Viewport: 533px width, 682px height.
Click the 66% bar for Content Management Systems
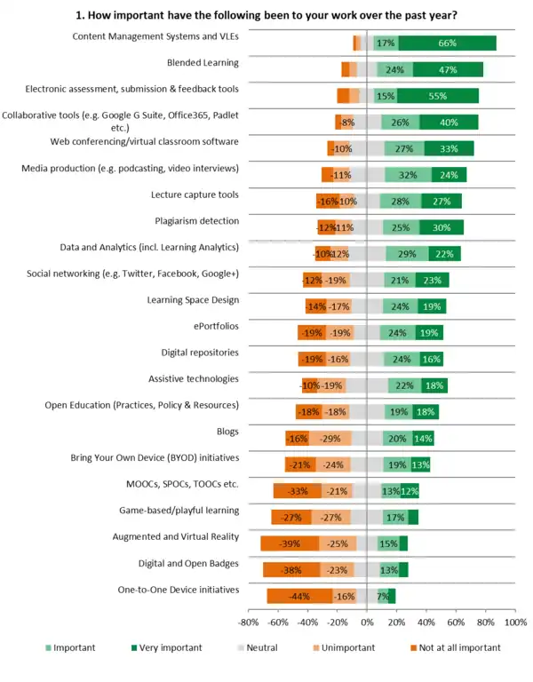[447, 43]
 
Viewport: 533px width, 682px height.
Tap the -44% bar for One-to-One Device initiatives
[300, 596]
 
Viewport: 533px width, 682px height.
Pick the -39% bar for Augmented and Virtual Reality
[290, 543]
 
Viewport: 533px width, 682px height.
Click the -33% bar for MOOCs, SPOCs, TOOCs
[298, 491]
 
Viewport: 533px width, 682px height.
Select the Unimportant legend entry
[346, 647]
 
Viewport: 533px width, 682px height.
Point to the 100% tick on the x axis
[515, 623]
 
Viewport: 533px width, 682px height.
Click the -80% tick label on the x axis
[249, 623]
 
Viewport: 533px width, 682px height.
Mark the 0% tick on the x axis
[367, 623]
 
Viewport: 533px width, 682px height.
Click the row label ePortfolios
[214, 326]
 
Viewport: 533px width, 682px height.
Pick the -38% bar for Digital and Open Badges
[292, 570]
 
